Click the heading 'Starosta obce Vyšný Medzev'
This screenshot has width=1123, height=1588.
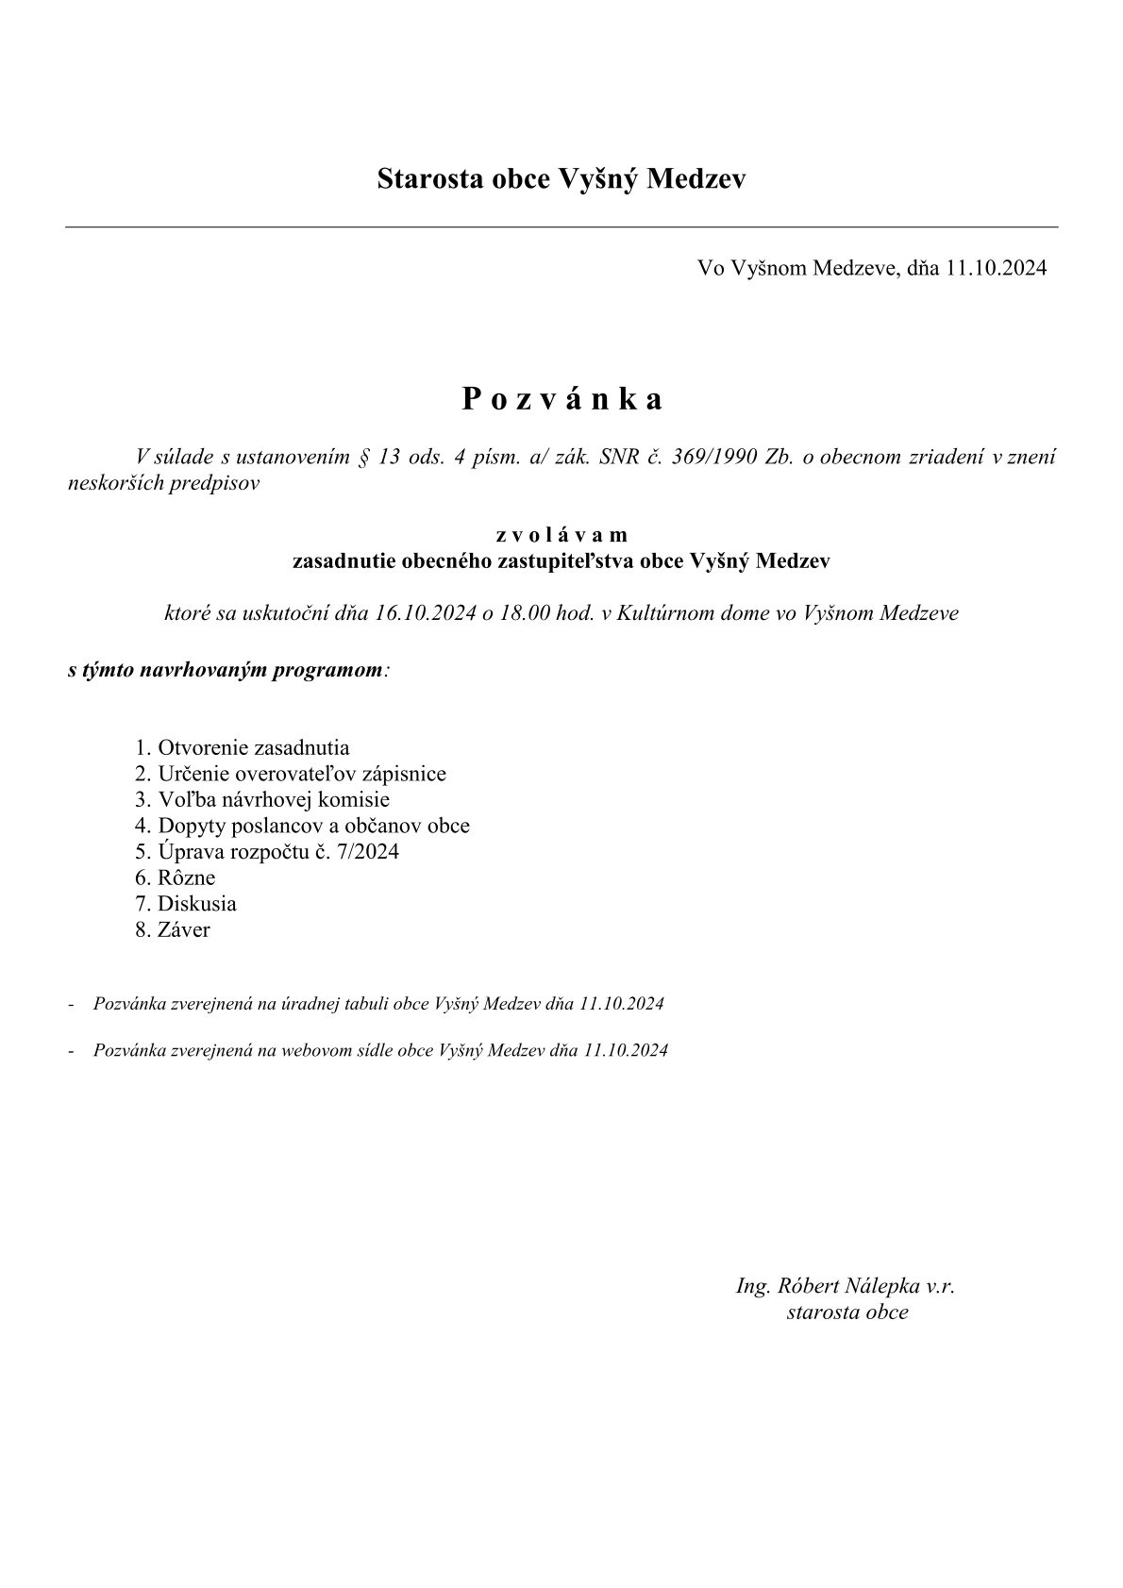click(x=561, y=178)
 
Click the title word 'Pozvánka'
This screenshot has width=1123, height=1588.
click(x=561, y=399)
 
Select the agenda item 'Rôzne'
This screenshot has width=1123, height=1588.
click(x=186, y=878)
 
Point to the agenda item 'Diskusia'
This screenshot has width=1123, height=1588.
click(x=196, y=904)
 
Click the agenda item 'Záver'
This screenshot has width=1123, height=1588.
click(x=184, y=929)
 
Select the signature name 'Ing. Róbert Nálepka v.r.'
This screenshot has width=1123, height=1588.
click(x=846, y=1285)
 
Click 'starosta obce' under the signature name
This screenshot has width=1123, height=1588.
click(x=846, y=1312)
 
